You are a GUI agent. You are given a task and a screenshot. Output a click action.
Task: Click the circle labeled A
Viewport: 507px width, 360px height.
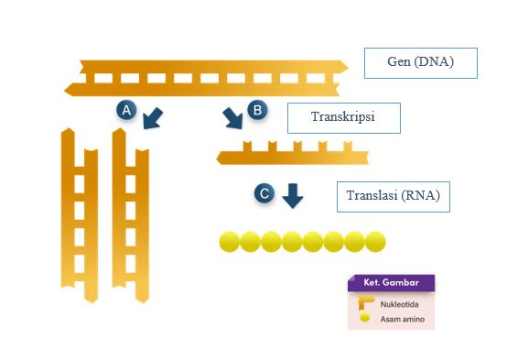[x=128, y=110]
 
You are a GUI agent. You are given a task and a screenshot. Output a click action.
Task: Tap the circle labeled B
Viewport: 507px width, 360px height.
[x=257, y=110]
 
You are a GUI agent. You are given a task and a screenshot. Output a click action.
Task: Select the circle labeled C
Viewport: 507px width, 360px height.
[x=264, y=193]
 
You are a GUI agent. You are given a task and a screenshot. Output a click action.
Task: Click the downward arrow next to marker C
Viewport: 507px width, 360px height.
[x=292, y=195]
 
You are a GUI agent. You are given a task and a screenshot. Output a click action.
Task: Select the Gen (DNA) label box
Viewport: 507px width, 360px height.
[x=421, y=64]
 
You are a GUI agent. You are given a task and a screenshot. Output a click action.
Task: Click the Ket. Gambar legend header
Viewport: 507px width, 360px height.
[x=392, y=282]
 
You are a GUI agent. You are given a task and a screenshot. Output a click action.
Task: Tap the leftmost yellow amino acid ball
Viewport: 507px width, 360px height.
[x=229, y=242]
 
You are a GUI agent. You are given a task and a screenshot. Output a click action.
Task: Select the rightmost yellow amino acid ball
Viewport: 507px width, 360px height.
[x=375, y=242]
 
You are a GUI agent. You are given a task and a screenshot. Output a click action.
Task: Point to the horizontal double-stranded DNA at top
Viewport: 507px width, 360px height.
[x=207, y=77]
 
